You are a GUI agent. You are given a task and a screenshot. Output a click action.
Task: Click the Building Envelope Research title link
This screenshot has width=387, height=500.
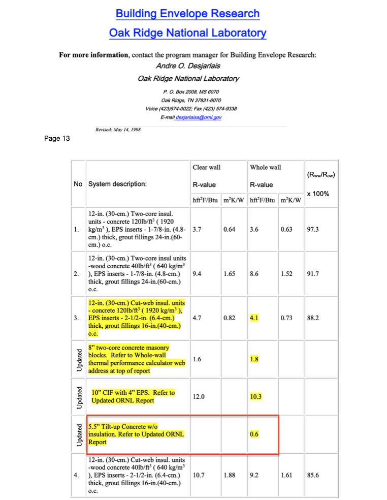pyautogui.click(x=187, y=14)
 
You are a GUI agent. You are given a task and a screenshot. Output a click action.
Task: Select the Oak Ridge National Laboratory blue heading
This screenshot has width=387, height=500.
pyautogui.click(x=187, y=33)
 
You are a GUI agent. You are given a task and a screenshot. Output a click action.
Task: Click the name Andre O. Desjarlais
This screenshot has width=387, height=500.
pyautogui.click(x=188, y=66)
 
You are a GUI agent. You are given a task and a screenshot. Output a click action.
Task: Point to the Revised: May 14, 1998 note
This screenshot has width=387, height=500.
pyautogui.click(x=118, y=130)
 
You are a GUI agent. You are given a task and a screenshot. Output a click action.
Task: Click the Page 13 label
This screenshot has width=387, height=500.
pyautogui.click(x=56, y=138)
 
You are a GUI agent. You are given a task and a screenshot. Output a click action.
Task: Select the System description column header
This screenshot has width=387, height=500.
pyautogui.click(x=117, y=184)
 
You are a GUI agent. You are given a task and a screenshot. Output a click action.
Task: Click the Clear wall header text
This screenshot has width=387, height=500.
pyautogui.click(x=206, y=167)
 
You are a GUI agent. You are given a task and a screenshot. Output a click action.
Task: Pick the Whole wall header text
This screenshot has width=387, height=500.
pyautogui.click(x=265, y=167)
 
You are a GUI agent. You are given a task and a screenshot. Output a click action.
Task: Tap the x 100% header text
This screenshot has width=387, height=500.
pyautogui.click(x=318, y=194)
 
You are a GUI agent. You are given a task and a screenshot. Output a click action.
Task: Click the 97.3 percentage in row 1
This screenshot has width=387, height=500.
pyautogui.click(x=313, y=229)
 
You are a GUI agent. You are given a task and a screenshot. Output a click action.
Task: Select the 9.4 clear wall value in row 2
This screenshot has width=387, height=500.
pyautogui.click(x=197, y=274)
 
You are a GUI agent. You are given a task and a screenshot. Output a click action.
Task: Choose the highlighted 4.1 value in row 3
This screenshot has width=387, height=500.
pyautogui.click(x=254, y=318)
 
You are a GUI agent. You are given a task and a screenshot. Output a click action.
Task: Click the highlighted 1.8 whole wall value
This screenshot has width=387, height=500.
pyautogui.click(x=254, y=359)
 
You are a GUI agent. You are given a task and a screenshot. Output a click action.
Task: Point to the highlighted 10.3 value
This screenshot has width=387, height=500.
pyautogui.click(x=255, y=396)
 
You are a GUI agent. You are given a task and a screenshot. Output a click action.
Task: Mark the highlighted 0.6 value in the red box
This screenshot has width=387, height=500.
pyautogui.click(x=254, y=434)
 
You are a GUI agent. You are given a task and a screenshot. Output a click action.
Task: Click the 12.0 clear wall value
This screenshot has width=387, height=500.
pyautogui.click(x=199, y=396)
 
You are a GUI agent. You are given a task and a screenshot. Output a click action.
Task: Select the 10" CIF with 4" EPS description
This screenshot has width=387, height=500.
pyautogui.click(x=133, y=396)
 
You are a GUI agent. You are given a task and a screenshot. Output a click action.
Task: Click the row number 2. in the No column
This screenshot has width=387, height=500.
pyautogui.click(x=77, y=274)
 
